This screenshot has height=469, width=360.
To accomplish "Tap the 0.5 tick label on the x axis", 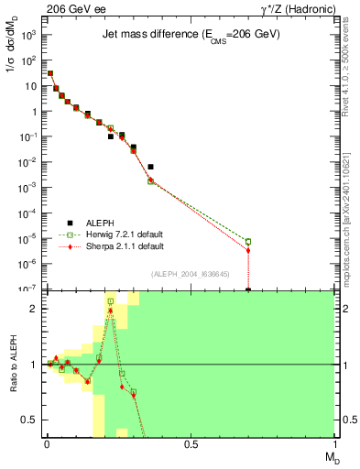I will (191, 443).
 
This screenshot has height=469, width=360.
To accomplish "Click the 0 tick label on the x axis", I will (47, 443).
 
